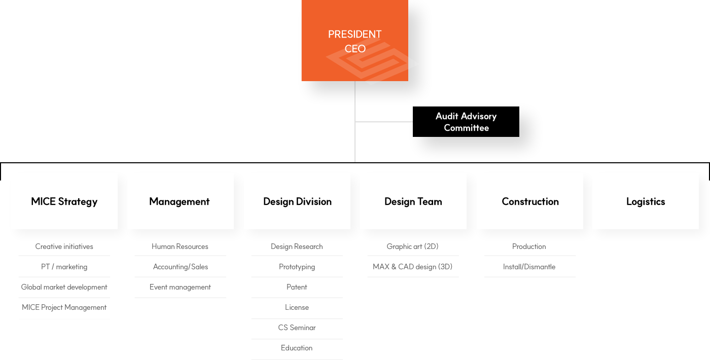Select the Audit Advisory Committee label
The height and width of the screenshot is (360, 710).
(x=466, y=122)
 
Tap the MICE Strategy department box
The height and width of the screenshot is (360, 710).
(x=64, y=201)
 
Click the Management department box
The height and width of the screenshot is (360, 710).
(x=180, y=201)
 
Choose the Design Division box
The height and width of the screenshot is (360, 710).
(x=297, y=201)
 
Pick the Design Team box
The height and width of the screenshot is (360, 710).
(x=413, y=201)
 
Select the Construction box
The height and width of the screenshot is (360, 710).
(x=530, y=201)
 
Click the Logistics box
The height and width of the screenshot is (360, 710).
(x=646, y=201)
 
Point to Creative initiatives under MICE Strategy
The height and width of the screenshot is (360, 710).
(x=64, y=246)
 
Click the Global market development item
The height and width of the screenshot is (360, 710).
(x=64, y=287)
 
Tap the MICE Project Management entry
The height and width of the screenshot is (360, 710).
(x=64, y=307)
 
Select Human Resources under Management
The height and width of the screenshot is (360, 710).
(x=180, y=246)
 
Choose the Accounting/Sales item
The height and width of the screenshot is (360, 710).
(x=181, y=267)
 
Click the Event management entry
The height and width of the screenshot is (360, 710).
(x=180, y=287)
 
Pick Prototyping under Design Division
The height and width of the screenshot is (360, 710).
(x=297, y=267)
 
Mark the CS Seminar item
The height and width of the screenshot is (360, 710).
(x=297, y=328)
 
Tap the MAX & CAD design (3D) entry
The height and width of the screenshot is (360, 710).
(x=413, y=267)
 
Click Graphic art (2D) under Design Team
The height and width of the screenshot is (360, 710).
(x=413, y=246)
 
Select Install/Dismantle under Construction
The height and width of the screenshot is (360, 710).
(x=529, y=267)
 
